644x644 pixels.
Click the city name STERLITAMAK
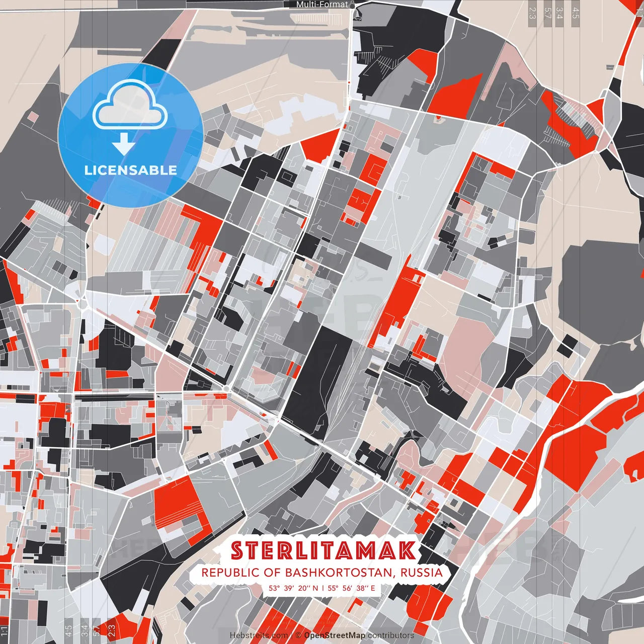(x=324, y=551)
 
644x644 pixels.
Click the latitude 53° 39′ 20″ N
(x=293, y=588)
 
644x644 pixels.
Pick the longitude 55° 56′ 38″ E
(x=352, y=588)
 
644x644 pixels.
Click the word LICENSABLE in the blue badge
(x=131, y=170)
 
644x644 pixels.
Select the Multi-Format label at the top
(x=322, y=4)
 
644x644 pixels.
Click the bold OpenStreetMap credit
(x=335, y=635)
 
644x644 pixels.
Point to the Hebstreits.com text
(x=259, y=635)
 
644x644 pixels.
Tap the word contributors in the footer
(x=391, y=635)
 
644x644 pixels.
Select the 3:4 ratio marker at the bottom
(x=84, y=630)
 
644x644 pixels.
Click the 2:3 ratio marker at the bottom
(x=112, y=630)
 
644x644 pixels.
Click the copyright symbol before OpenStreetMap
(x=298, y=635)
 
